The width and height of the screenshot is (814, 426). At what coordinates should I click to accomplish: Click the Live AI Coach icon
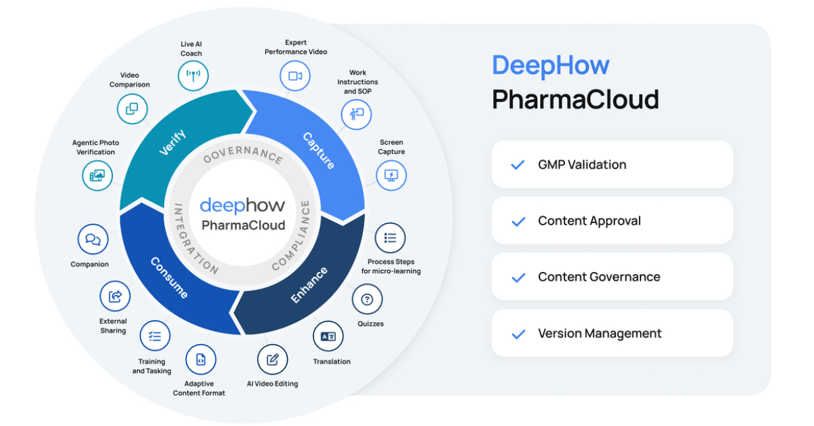point(193,75)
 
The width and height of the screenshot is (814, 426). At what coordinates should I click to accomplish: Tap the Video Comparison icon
point(132,108)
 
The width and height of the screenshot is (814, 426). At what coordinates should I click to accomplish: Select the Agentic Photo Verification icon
point(97,175)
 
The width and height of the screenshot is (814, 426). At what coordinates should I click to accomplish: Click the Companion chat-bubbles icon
point(93,239)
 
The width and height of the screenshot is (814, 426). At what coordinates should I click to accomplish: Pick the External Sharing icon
point(115,296)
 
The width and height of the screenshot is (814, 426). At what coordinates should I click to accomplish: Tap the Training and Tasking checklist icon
point(155,336)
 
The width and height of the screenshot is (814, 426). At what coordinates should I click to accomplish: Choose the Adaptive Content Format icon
point(201,360)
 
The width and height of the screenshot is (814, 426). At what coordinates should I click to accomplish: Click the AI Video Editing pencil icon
point(273,360)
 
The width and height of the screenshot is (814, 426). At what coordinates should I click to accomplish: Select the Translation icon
point(328,336)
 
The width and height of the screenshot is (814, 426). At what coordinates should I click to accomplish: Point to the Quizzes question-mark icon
point(367,299)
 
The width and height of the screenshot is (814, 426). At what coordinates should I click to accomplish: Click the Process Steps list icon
point(390,238)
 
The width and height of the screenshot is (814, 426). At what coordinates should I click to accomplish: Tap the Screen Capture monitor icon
point(391,176)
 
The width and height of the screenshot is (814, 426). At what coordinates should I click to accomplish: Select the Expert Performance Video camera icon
point(295,76)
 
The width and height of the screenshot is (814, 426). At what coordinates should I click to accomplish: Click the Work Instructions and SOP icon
point(357,114)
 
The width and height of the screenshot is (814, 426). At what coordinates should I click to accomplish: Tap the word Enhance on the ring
point(309,285)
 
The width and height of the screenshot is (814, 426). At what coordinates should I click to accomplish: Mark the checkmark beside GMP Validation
point(518,165)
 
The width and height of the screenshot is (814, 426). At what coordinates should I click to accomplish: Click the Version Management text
point(600,333)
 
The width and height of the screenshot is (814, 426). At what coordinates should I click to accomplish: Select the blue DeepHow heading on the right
point(550,65)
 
